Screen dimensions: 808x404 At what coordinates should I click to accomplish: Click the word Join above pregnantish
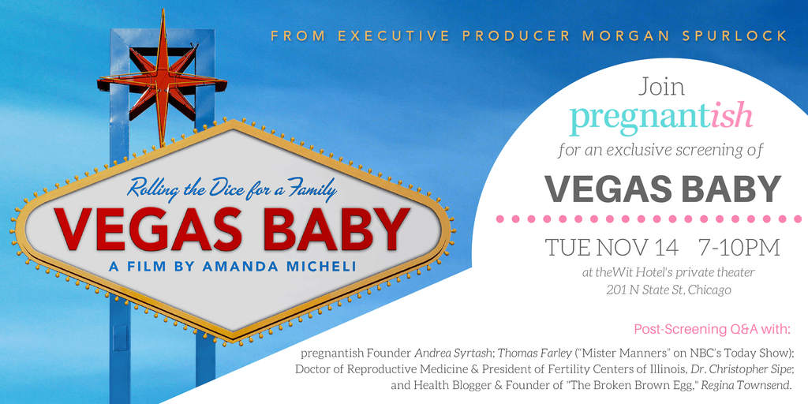(x=662, y=87)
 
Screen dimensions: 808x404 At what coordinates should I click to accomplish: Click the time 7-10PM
(x=739, y=248)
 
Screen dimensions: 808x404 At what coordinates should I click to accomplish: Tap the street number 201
(x=615, y=290)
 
